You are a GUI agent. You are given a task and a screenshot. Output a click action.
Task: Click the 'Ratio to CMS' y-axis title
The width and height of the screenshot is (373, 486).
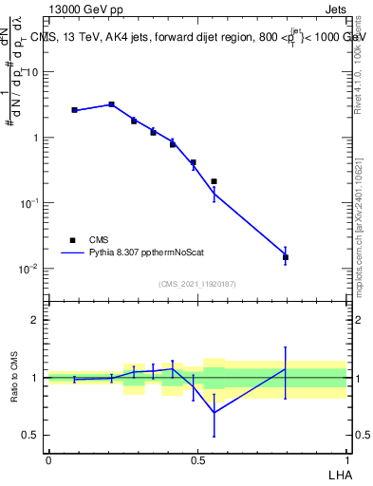15,378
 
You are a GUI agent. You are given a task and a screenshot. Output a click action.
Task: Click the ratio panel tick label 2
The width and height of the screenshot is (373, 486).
36,320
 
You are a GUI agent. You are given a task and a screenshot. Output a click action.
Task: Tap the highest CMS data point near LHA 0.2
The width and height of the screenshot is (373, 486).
111,104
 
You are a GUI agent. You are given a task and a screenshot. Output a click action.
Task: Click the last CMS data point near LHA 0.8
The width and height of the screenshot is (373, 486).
286,257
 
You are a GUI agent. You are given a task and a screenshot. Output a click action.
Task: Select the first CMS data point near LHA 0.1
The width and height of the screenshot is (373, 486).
74,110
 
